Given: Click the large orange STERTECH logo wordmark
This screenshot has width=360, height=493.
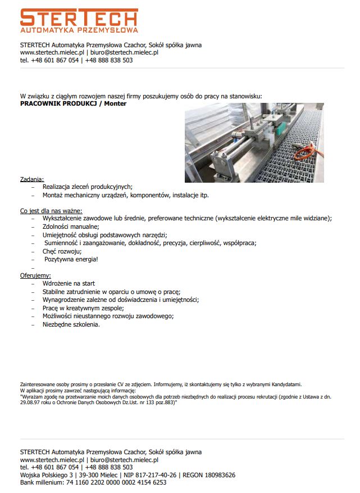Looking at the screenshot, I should [79, 16].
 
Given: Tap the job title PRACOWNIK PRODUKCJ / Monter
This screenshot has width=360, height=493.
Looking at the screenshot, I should [73, 103].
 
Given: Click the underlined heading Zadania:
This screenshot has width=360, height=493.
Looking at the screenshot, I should [32, 179].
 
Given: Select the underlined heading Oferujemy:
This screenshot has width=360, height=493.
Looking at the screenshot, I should [35, 276].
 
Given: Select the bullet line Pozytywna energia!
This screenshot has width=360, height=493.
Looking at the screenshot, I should [71, 259].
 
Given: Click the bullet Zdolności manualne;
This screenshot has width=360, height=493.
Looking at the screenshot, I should [71, 227].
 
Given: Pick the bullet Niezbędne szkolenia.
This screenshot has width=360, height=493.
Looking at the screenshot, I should [71, 324].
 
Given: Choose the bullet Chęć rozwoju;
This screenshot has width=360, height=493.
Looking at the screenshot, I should [62, 251].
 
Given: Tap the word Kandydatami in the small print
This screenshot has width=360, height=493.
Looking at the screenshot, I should [285, 385].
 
